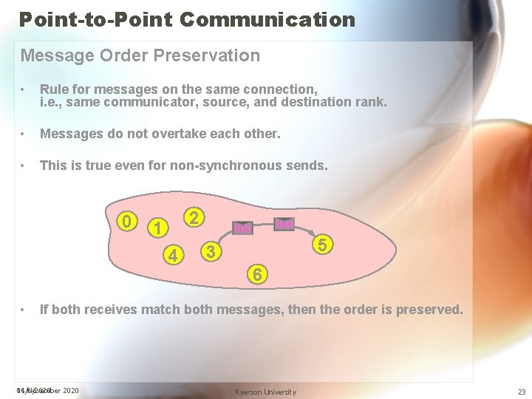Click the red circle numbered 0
(x=128, y=221)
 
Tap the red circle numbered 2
(x=193, y=217)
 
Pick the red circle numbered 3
(x=211, y=253)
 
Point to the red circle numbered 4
(x=173, y=256)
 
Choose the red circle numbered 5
(x=321, y=245)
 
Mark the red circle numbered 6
(x=256, y=274)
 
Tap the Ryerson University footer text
(x=265, y=392)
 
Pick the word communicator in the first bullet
(x=135, y=102)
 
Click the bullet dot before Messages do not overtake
(x=24, y=134)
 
